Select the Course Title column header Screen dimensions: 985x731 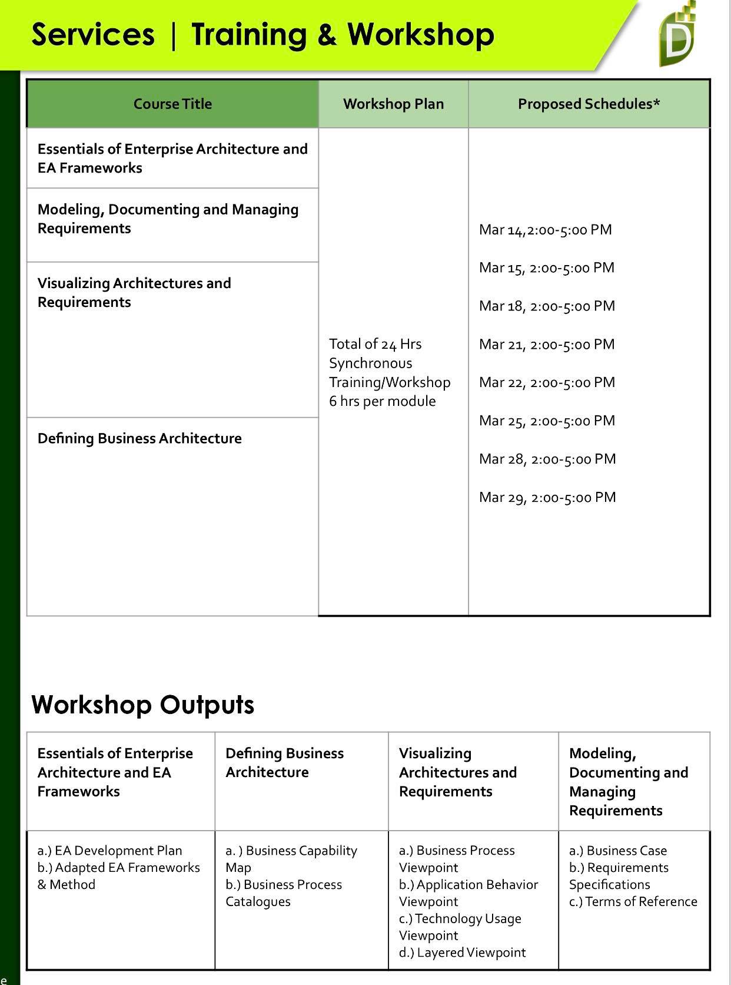click(x=172, y=104)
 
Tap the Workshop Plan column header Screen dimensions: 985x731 click(x=393, y=104)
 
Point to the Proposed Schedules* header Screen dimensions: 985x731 click(x=589, y=104)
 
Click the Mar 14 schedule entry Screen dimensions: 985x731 click(x=545, y=230)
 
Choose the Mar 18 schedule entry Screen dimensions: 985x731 click(x=547, y=306)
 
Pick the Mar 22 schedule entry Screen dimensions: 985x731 click(x=547, y=382)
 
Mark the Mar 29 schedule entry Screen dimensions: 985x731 click(x=547, y=497)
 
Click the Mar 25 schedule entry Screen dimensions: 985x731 click(x=547, y=421)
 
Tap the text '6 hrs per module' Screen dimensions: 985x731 click(x=383, y=401)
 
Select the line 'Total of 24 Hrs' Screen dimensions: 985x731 click(x=375, y=344)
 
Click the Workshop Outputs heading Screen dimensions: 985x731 click(x=142, y=705)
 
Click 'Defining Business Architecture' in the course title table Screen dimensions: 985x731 click(x=139, y=438)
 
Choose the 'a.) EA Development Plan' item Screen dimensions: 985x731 click(x=109, y=851)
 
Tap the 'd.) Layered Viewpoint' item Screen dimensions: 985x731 click(x=462, y=953)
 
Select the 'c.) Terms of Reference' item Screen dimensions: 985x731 click(x=633, y=901)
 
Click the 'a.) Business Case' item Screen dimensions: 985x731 click(x=618, y=851)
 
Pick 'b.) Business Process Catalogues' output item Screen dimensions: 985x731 click(x=283, y=893)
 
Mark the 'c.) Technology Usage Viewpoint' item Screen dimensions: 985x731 click(x=460, y=927)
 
